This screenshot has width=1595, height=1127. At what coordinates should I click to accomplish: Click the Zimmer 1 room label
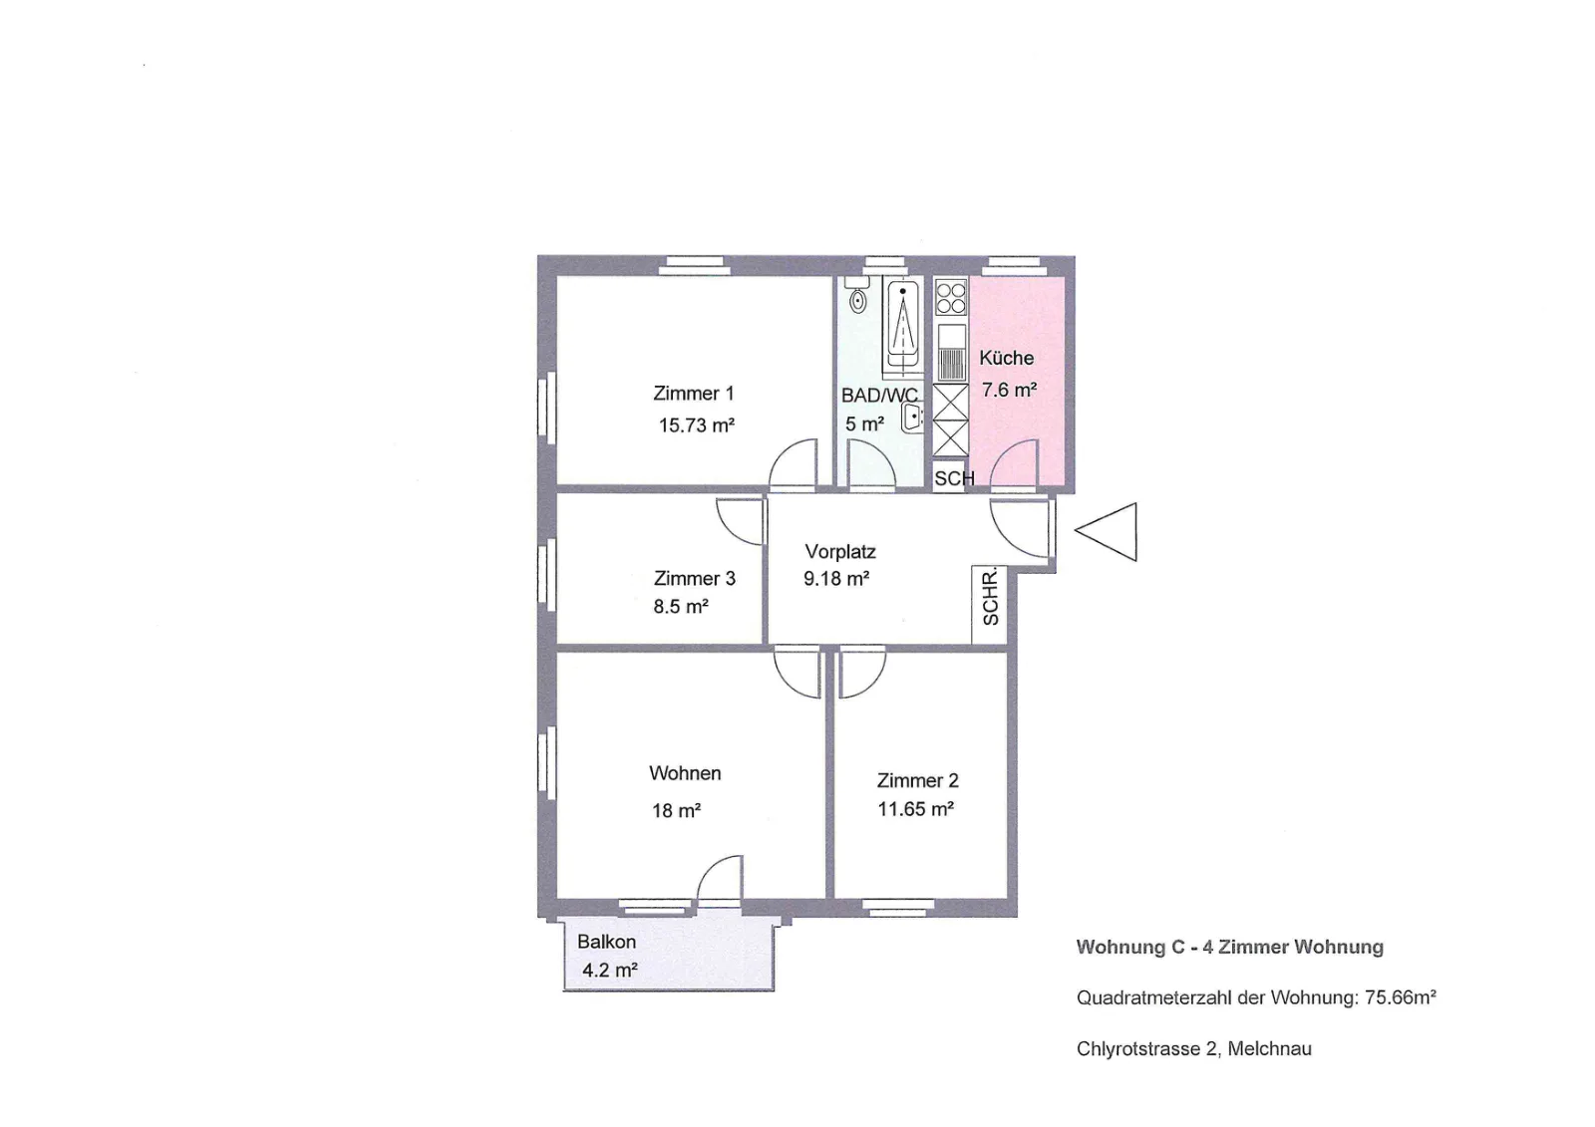coord(693,393)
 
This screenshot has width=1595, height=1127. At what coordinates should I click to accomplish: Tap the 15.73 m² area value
coord(697,425)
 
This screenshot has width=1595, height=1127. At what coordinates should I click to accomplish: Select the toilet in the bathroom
coord(857,296)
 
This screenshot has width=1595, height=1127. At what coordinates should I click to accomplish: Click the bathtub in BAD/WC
coord(902,328)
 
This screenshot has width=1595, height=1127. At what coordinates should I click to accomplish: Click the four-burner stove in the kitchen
coord(951,297)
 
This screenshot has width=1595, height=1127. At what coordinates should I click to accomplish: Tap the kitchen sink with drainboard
coord(951,353)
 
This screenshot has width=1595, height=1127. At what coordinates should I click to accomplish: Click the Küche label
coord(1006,358)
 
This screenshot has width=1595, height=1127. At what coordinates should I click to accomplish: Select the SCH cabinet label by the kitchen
coord(953,478)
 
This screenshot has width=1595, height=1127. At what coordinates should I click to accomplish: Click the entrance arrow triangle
coord(1107,532)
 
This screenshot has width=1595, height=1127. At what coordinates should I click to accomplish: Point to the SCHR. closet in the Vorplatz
coord(990,605)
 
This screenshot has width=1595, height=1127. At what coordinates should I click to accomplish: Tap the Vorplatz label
coord(840,551)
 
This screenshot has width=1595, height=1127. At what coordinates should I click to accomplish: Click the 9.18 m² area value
coord(836,579)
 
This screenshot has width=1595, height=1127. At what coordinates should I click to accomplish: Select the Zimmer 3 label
coord(694,578)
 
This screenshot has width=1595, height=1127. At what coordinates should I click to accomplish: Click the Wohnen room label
coord(685,773)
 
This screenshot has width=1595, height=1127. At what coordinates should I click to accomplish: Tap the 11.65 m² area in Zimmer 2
coord(916,809)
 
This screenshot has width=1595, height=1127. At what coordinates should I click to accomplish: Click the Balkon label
coord(606,942)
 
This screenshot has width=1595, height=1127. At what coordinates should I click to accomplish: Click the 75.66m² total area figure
coord(1400,997)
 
